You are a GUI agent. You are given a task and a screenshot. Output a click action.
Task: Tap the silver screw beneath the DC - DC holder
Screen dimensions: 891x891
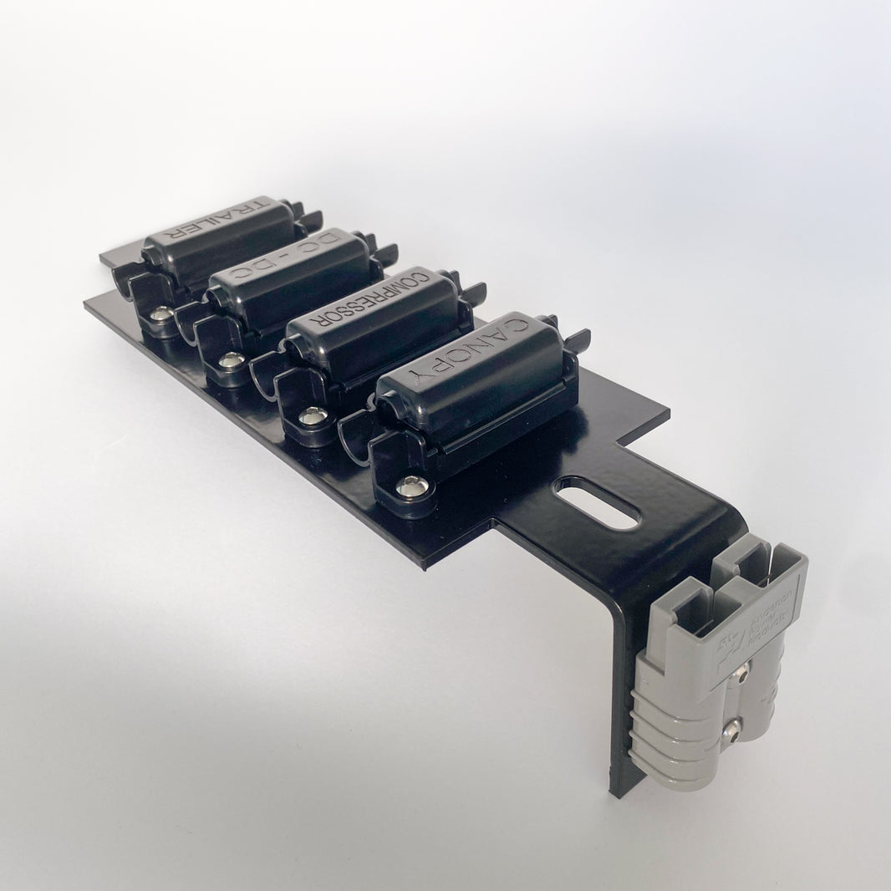[231, 360]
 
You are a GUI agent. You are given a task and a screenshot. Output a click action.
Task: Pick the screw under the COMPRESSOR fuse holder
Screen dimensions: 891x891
[313, 414]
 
